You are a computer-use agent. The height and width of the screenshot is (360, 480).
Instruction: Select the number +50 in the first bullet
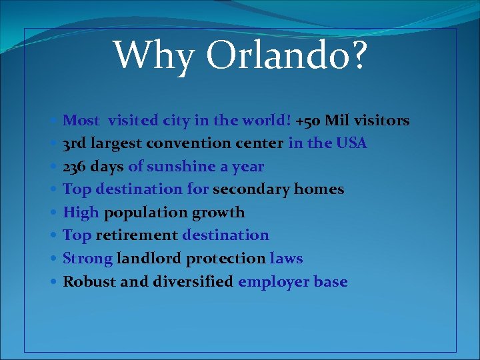tap(308, 121)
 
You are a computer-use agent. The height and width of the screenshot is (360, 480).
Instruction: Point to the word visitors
tap(382, 121)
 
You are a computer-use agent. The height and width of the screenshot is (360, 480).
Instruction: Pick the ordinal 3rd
tap(75, 143)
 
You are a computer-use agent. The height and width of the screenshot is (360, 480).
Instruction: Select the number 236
tap(75, 167)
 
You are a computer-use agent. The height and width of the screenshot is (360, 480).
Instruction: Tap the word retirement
tap(137, 235)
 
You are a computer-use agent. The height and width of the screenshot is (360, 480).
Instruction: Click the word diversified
tap(193, 281)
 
